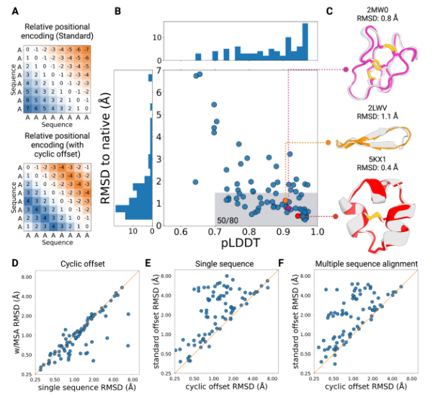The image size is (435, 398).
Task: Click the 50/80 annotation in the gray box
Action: tap(228, 219)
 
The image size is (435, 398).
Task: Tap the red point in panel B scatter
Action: tap(298, 216)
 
